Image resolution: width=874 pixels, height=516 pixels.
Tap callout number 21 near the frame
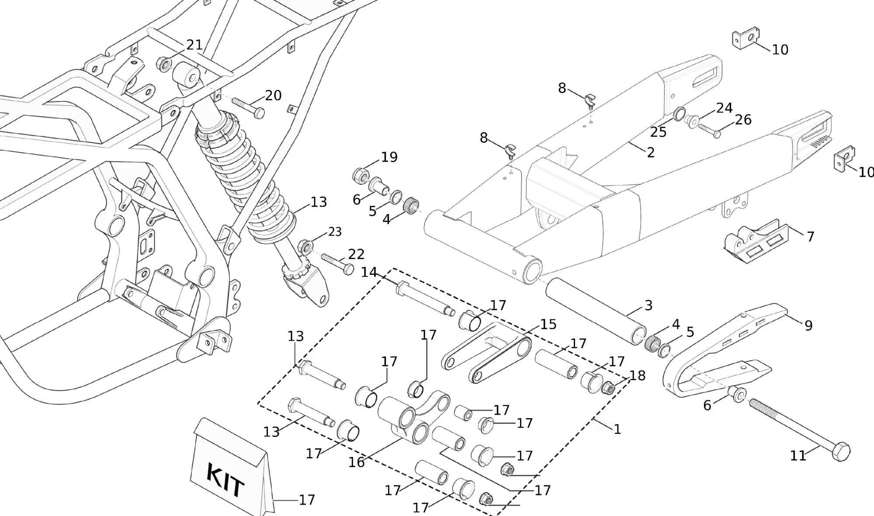point(194,45)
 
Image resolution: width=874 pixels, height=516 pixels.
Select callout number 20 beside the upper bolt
point(273,95)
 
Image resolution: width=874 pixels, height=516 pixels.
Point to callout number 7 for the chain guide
point(810,236)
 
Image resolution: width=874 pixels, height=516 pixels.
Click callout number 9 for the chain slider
point(808,325)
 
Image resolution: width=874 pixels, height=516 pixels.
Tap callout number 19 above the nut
point(389,157)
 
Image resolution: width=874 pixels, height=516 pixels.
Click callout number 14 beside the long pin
point(369,272)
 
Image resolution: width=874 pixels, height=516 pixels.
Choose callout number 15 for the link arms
point(548,324)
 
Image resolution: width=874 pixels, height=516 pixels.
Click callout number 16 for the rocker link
point(356,462)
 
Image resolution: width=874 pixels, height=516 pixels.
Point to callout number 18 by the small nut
point(637,375)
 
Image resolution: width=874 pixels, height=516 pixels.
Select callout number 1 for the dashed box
point(617,429)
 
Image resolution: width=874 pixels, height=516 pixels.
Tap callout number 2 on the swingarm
point(651,152)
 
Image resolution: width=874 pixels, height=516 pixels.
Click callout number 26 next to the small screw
point(743,119)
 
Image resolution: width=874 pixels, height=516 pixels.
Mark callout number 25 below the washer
point(658,132)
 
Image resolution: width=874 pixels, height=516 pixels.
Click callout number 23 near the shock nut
point(335,232)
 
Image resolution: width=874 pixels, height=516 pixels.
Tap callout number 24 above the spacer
point(724,107)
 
